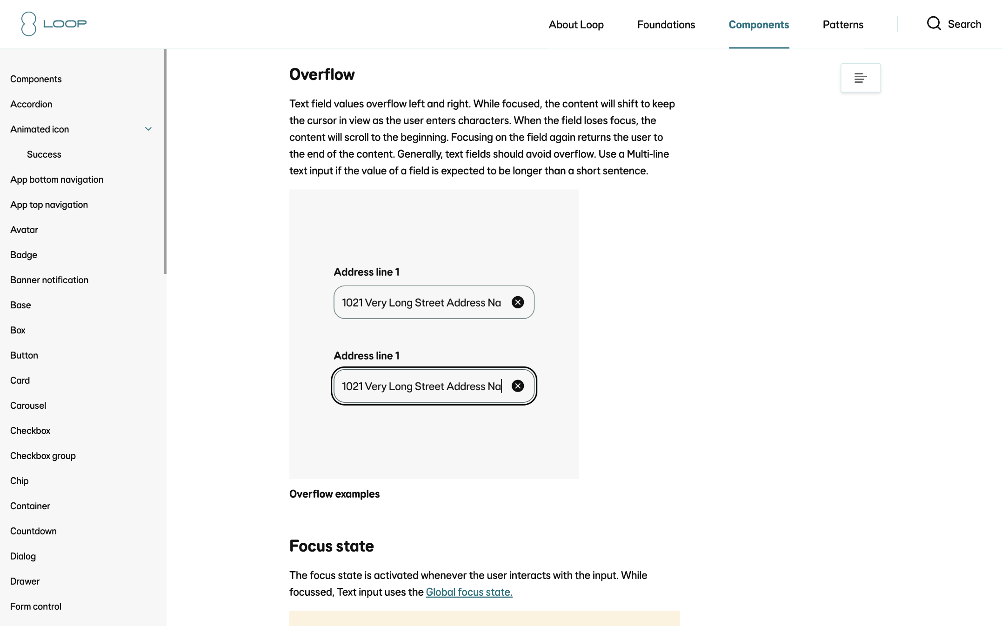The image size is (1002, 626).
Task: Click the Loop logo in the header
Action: [x=54, y=24]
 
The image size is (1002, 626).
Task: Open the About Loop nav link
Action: [x=576, y=25]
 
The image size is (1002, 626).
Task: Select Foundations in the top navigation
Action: [x=666, y=25]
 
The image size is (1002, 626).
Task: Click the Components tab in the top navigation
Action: [x=758, y=25]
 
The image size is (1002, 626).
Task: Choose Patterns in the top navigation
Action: [x=842, y=25]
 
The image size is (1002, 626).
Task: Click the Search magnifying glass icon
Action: [x=934, y=24]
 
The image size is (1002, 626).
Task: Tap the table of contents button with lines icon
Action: [x=860, y=78]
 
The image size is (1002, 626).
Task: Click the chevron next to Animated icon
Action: [x=148, y=129]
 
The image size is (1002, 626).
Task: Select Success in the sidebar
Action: [x=44, y=154]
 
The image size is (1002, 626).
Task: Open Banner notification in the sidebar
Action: [x=49, y=280]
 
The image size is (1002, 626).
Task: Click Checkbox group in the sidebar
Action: [x=43, y=456]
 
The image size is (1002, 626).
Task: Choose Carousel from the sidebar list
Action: [x=28, y=406]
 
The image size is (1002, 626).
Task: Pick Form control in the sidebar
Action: [x=36, y=606]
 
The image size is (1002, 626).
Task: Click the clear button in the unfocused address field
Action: [x=517, y=302]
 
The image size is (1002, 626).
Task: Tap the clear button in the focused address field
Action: [x=517, y=386]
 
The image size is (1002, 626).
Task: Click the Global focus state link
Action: [x=469, y=592]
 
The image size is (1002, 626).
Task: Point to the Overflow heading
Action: [x=322, y=74]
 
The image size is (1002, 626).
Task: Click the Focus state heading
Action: [x=331, y=546]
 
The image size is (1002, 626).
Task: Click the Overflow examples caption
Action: [x=334, y=494]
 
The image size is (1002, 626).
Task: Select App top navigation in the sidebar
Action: [x=49, y=205]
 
